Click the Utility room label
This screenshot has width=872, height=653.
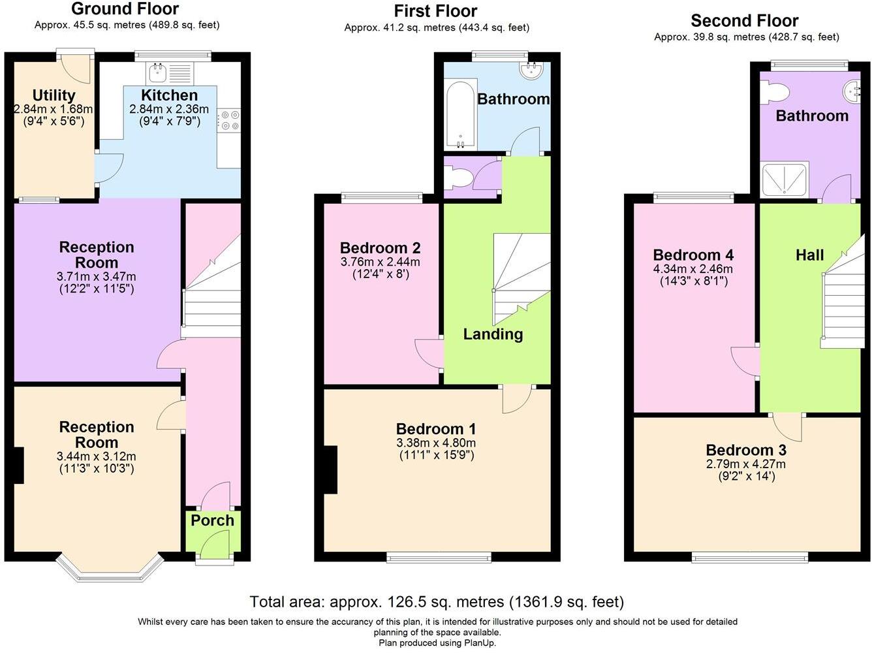pos(54,95)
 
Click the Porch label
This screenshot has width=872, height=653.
pos(212,520)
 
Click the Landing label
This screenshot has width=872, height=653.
pos(493,334)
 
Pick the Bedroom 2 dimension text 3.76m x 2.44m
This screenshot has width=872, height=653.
pos(381,262)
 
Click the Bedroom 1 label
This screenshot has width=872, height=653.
pos(436,429)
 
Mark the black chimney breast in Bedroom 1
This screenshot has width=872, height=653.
pos(330,470)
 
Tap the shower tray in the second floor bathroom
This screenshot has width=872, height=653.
pos(785,180)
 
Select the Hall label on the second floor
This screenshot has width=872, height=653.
pos(809,255)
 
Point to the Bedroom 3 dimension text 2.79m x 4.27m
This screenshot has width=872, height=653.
pos(746,464)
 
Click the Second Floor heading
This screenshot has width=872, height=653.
pos(745,21)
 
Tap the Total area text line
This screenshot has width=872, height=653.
pos(436,601)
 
